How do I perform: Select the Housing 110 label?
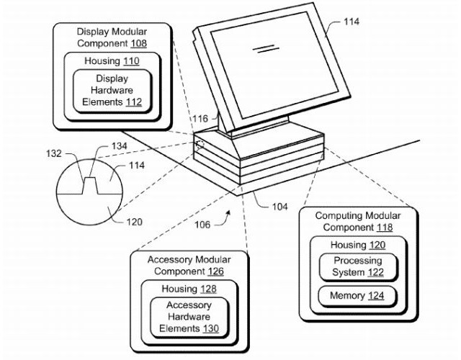pos(112,61)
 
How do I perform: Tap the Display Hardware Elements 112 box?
pos(112,90)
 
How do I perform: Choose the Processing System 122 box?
pos(357,266)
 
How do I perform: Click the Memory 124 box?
pos(357,296)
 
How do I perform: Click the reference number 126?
pos(213,271)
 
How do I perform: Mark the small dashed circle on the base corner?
pos(200,143)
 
